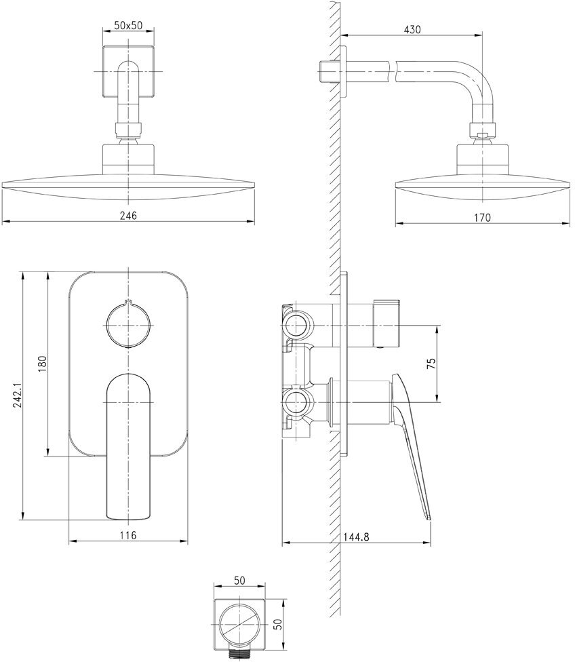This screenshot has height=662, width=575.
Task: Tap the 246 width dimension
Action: tap(129, 216)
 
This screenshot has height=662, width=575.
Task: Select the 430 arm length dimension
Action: tap(412, 30)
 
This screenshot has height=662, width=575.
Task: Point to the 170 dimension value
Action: tap(482, 218)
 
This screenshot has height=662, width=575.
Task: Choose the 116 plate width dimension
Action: tap(129, 536)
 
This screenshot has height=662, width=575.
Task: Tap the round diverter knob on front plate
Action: tap(129, 324)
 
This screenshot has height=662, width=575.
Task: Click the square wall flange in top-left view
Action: tap(129, 70)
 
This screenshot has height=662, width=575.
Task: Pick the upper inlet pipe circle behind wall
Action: tap(297, 324)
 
